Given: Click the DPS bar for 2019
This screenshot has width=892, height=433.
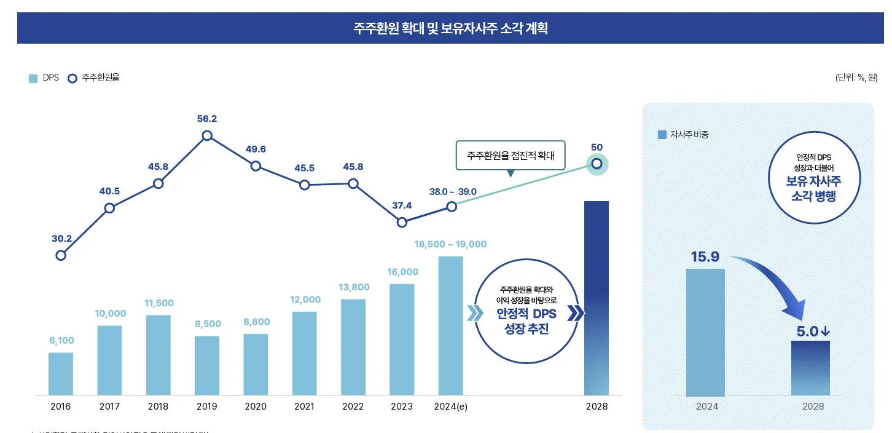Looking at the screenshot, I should point(207,365).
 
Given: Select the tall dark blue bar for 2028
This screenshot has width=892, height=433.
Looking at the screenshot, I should point(596,298).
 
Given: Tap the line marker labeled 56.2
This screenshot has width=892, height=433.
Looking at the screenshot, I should point(207,135).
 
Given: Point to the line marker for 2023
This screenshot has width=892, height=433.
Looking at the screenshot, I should point(402,222).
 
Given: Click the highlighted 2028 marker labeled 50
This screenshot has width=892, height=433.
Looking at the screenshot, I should point(596,164).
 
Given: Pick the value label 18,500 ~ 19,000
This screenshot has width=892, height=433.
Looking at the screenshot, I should point(450,244).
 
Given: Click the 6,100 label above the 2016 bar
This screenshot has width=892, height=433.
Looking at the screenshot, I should point(61,341).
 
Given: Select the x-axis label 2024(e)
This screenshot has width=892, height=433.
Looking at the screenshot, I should point(450,407).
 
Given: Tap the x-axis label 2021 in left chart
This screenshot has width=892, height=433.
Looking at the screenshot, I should point(304,407).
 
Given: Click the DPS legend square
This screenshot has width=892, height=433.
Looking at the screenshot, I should point(33,78).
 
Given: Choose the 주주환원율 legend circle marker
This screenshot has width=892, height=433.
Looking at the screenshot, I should point(72,78).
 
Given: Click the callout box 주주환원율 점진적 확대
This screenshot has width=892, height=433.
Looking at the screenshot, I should point(511,156).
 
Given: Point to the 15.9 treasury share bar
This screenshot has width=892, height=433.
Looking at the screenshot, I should point(705,332).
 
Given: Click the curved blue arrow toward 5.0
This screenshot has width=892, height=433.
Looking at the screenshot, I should point(777,277).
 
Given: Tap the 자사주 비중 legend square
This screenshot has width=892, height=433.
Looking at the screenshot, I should point(662,135).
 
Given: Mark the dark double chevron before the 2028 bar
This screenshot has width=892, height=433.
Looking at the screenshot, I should point(575,313).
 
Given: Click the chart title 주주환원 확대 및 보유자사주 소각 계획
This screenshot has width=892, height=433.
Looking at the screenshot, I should point(450,28).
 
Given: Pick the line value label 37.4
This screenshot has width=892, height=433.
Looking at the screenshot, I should point(401,205).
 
